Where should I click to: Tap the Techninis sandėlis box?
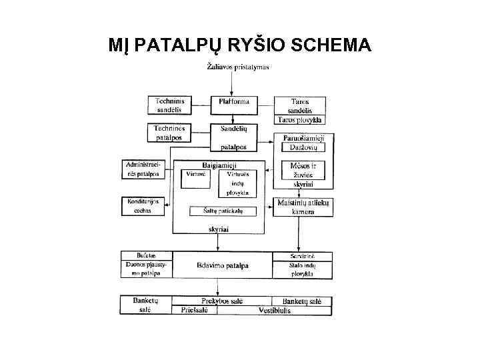pos(169,105)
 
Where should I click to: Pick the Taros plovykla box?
pos(299,120)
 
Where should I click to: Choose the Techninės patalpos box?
pos(169,132)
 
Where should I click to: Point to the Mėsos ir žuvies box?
pos(299,174)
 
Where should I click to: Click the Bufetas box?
pos(146,256)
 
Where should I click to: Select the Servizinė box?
pos(302,256)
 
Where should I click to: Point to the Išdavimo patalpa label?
pos(223,265)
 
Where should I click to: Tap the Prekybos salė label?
pos(223,301)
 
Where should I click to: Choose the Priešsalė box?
pos(194,310)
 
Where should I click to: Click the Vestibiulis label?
pos(275,311)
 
